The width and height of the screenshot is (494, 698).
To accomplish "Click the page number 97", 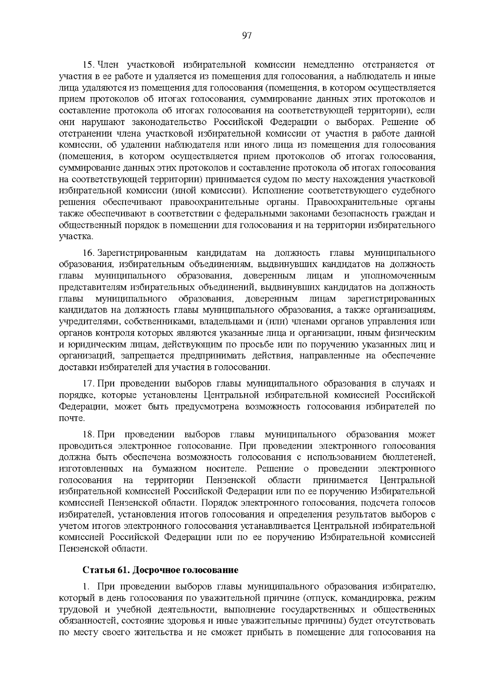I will [247, 35].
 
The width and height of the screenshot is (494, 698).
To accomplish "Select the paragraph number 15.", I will [89, 65].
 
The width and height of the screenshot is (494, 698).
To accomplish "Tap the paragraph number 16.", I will [89, 252].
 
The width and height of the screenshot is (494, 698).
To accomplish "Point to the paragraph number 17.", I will [89, 384].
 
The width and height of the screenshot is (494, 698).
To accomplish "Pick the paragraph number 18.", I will [89, 434].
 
